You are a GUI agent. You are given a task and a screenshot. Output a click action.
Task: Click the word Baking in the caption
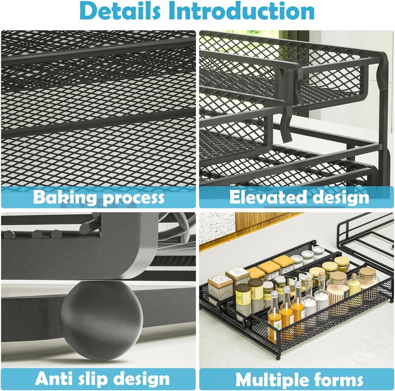click(65, 198)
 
